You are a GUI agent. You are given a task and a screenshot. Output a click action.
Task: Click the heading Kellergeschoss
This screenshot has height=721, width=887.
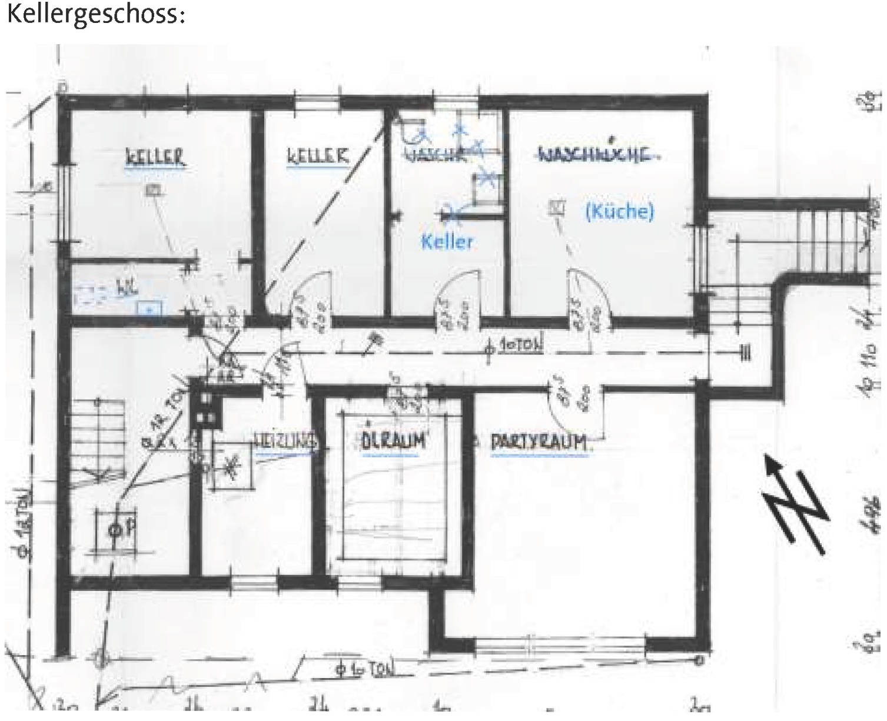pos(96,14)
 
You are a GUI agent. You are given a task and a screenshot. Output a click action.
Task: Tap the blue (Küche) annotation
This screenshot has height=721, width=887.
pos(619,211)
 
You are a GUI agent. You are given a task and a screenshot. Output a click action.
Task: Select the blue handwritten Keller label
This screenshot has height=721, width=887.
pos(447,241)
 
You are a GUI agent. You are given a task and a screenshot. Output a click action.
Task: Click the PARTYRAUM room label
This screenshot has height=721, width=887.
pos(539,442)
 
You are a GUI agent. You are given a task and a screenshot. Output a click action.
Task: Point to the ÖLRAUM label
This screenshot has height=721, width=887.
pos(393,441)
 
